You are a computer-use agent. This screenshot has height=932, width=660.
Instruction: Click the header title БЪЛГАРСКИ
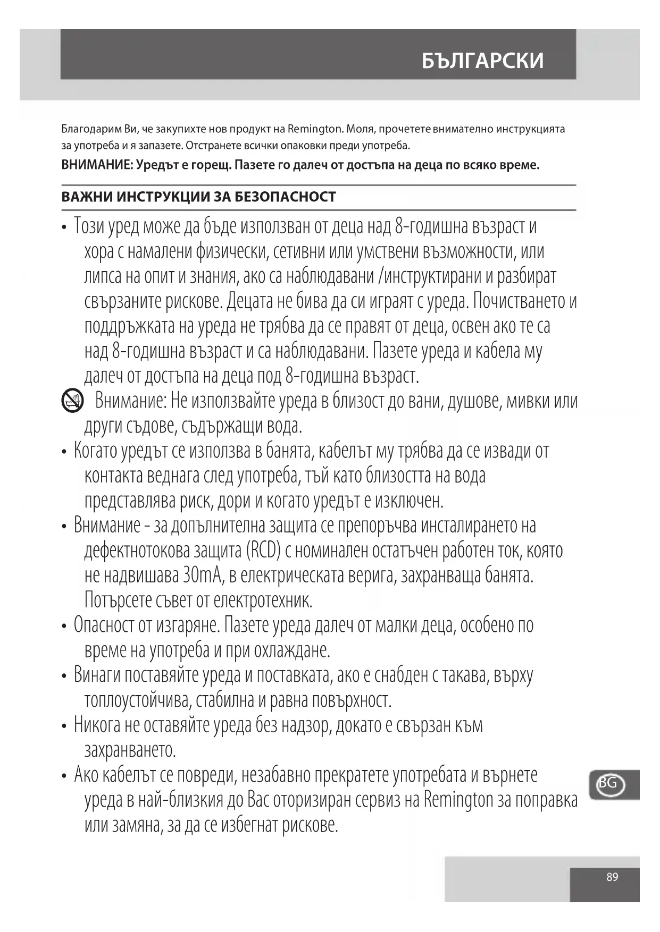(482, 61)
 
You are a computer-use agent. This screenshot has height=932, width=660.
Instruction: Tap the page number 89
(612, 877)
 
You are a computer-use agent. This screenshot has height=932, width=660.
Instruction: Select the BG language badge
(609, 783)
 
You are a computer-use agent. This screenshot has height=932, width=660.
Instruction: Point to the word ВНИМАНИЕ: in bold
(97, 165)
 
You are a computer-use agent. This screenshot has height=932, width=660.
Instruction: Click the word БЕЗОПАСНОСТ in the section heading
(285, 197)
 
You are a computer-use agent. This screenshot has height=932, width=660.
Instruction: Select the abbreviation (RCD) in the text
(263, 550)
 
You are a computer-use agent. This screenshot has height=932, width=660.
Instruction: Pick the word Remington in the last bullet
(459, 800)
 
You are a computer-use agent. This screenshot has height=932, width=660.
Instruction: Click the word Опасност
(105, 625)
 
